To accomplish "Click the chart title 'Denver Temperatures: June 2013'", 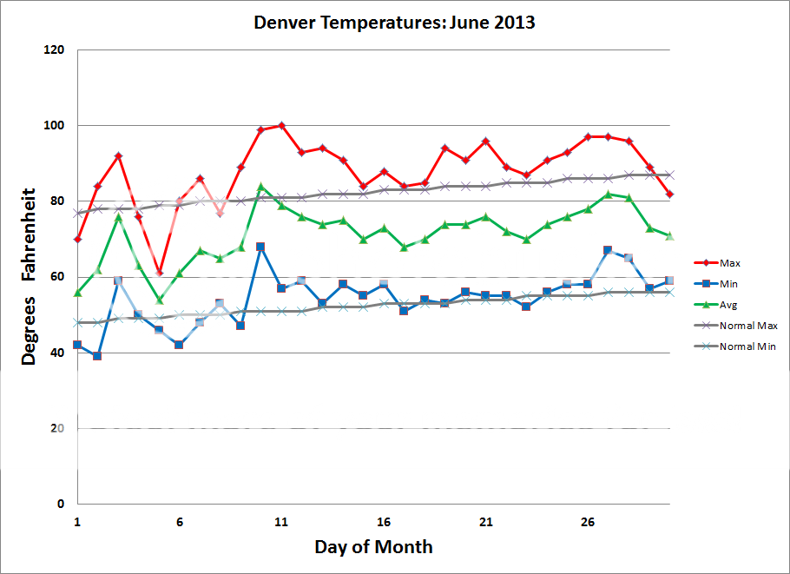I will [394, 23].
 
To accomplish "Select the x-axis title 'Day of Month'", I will [373, 546].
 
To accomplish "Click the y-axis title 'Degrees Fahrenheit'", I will [29, 275].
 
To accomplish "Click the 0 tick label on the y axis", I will [61, 504].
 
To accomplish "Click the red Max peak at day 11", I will [281, 126].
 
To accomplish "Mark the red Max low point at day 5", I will [159, 273].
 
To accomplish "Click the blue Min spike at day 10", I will [260, 247].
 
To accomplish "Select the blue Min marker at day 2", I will [97, 356].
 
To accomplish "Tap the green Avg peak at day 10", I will [260, 187].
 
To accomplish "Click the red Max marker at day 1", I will [77, 239].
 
